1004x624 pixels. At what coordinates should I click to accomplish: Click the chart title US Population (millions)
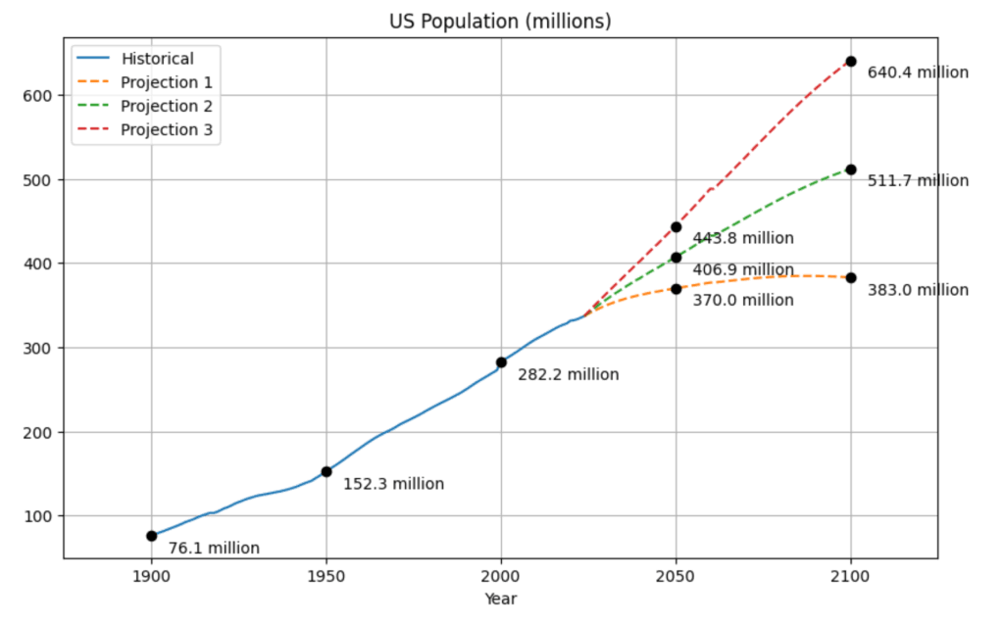coord(500,21)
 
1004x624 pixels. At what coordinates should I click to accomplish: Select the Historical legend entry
coord(157,59)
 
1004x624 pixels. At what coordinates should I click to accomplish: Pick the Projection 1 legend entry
coord(166,82)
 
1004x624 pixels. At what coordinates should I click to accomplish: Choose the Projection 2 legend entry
coord(166,106)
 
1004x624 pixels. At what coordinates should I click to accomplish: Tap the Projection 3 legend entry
coord(166,129)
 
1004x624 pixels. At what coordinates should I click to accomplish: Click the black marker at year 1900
coord(152,536)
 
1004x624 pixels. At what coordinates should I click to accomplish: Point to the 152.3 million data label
coord(393,484)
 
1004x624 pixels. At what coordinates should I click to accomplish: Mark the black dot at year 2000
coord(501,362)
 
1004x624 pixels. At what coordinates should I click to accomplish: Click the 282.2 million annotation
coord(569,374)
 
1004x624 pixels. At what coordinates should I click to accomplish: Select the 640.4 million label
coord(918,72)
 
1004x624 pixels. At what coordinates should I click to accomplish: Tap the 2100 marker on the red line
coord(851,62)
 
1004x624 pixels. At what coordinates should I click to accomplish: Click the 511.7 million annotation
coord(918,180)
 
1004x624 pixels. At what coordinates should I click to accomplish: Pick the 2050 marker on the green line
coord(677,258)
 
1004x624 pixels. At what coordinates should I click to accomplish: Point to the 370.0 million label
coord(743,300)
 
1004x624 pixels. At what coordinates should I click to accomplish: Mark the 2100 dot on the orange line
coord(851,278)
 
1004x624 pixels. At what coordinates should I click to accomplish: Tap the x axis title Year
coord(500,598)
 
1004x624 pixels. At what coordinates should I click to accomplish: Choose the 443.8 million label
coord(743,238)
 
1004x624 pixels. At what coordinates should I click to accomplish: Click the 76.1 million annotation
coord(214,549)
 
